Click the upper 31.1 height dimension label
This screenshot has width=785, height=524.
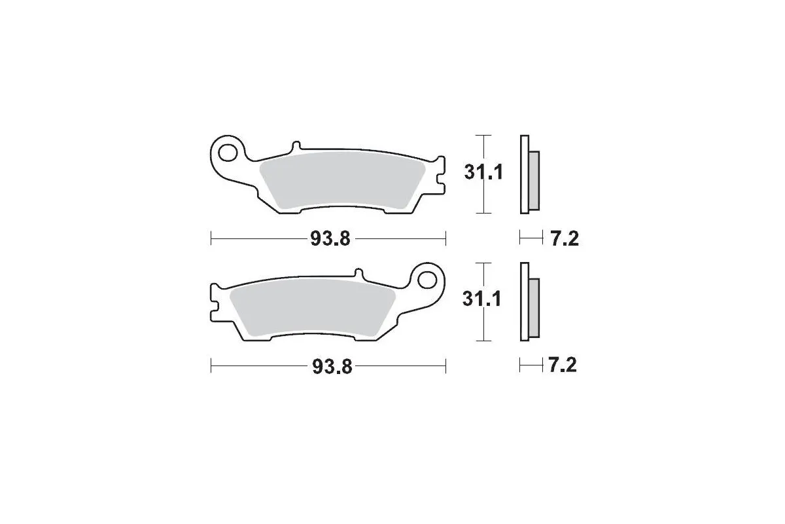point(483,174)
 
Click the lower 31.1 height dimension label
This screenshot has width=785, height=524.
point(483,300)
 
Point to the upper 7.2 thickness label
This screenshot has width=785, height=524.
point(563,239)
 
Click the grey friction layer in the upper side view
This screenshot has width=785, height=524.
point(533,181)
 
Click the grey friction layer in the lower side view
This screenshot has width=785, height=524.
point(533,308)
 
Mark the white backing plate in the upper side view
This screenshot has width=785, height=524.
point(523,174)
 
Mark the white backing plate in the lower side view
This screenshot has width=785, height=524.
point(523,302)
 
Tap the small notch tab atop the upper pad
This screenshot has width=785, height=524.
point(295,144)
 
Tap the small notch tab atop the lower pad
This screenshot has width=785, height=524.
point(358,272)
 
